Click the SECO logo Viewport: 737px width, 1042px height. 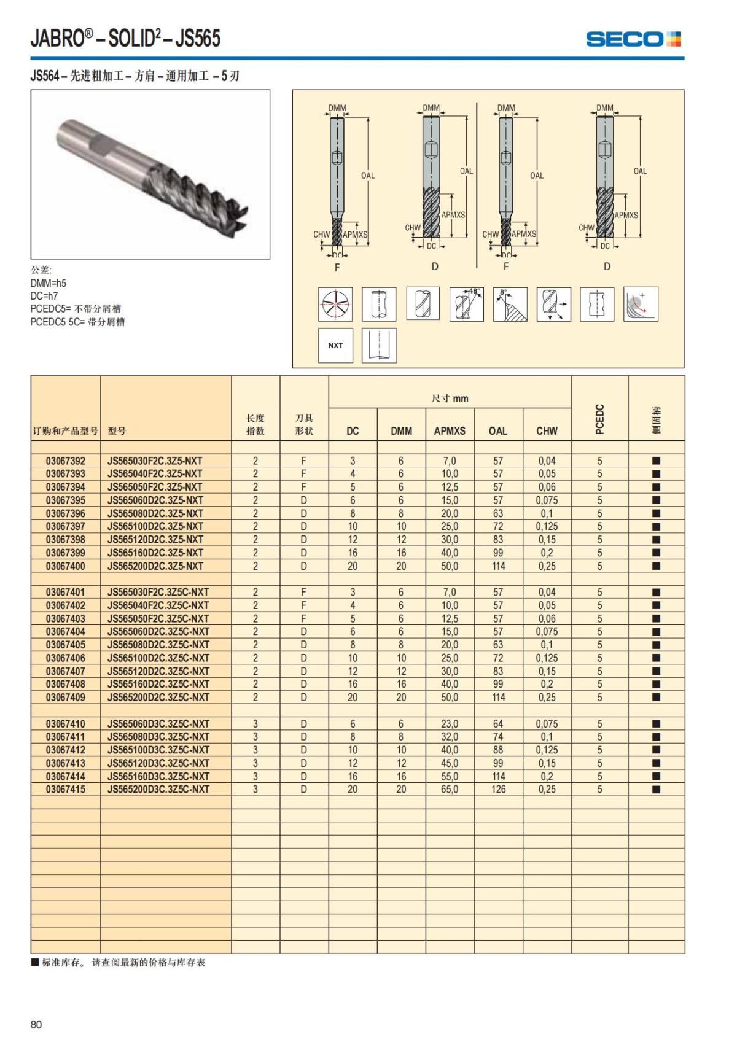click(x=633, y=39)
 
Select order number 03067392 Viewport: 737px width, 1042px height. click(x=66, y=461)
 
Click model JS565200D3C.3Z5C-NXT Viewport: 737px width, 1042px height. click(x=158, y=789)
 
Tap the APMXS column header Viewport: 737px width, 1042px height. click(x=450, y=431)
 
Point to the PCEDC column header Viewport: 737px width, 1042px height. click(x=600, y=419)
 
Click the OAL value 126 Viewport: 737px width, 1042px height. click(x=498, y=789)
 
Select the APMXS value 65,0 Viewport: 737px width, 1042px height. click(x=450, y=789)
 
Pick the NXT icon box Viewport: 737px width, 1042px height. click(x=335, y=345)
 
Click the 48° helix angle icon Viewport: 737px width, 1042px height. click(x=467, y=303)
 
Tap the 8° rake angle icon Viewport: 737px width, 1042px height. click(x=510, y=303)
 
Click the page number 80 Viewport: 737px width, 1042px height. click(x=36, y=1024)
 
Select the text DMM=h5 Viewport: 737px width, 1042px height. click(x=48, y=283)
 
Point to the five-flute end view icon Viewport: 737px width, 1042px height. click(x=335, y=303)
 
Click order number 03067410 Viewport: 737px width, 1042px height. click(x=66, y=723)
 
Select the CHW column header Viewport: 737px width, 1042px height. click(x=547, y=431)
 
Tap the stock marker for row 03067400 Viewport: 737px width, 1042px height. click(x=656, y=566)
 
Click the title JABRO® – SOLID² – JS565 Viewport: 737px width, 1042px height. click(x=125, y=39)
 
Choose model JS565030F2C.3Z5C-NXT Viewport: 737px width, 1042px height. click(x=158, y=592)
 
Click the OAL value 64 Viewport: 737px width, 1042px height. click(x=498, y=723)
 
